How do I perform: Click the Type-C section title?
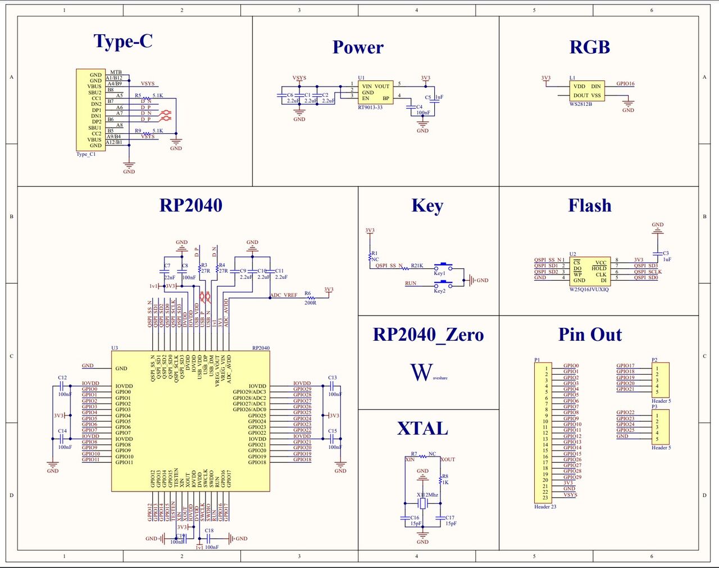[123, 42]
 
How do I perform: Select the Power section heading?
[358, 48]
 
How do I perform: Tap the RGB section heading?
[589, 48]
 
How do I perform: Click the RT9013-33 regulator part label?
[370, 107]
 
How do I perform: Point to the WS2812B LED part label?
[580, 104]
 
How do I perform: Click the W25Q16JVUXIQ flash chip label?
[589, 290]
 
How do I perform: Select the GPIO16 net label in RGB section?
[625, 84]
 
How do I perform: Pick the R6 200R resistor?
[310, 298]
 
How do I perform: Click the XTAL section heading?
[422, 429]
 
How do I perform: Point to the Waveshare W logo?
[421, 372]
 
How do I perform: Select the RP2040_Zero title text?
[428, 335]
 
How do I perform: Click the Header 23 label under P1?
[545, 507]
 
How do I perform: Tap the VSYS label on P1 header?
[570, 495]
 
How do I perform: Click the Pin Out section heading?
[590, 335]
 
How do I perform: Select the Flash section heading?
[589, 206]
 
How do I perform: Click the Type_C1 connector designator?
[86, 154]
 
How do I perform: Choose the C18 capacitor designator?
[209, 530]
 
